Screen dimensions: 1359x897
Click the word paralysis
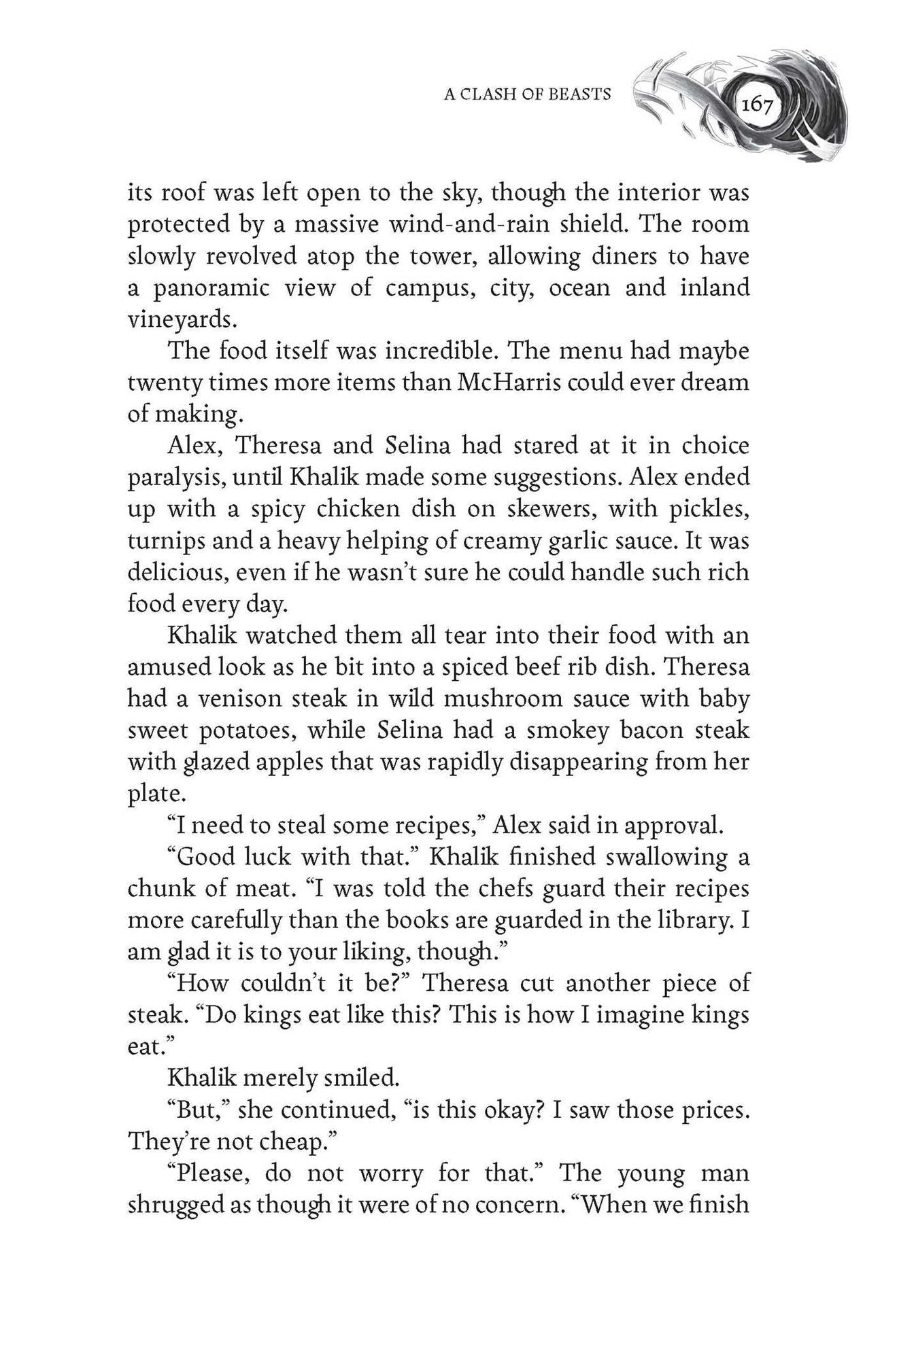(x=175, y=478)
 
